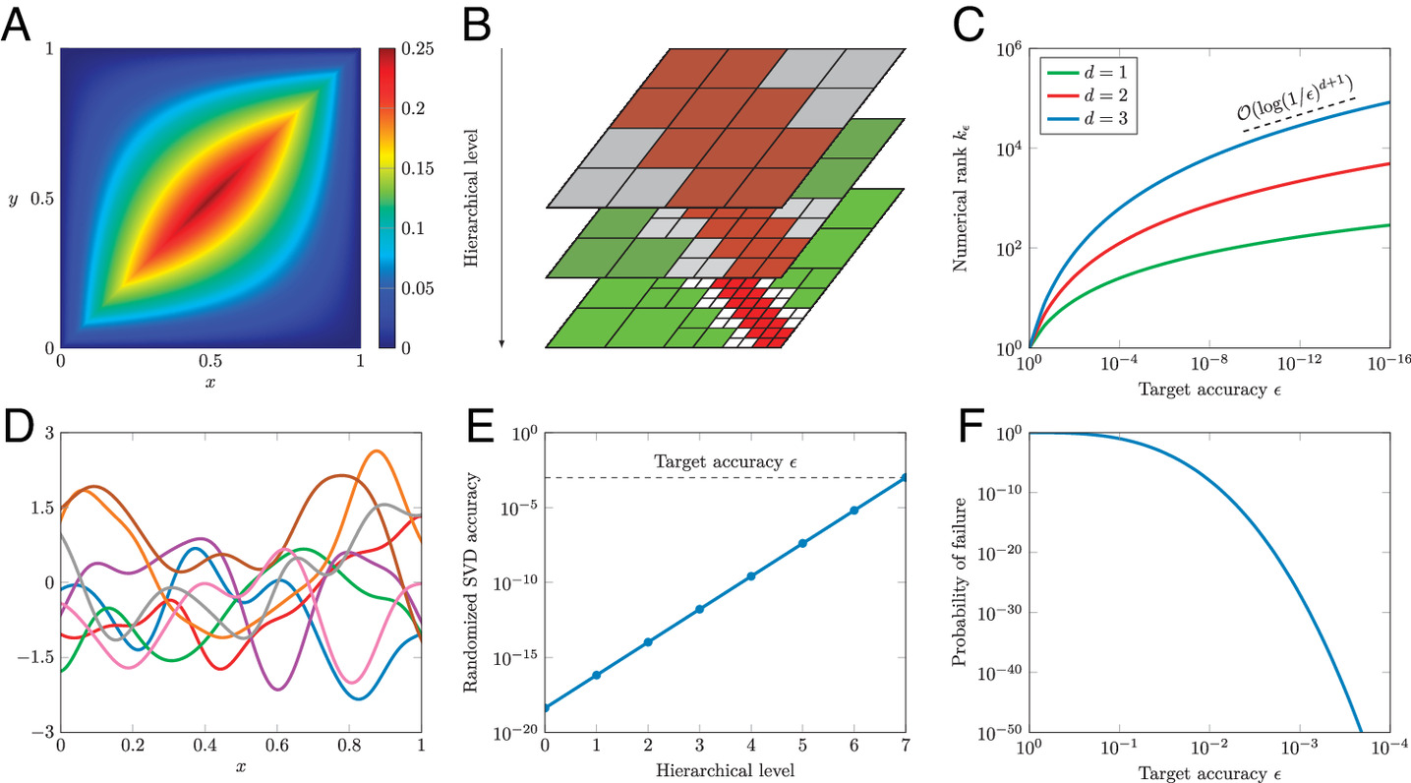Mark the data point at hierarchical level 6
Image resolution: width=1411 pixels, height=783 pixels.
point(854,510)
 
